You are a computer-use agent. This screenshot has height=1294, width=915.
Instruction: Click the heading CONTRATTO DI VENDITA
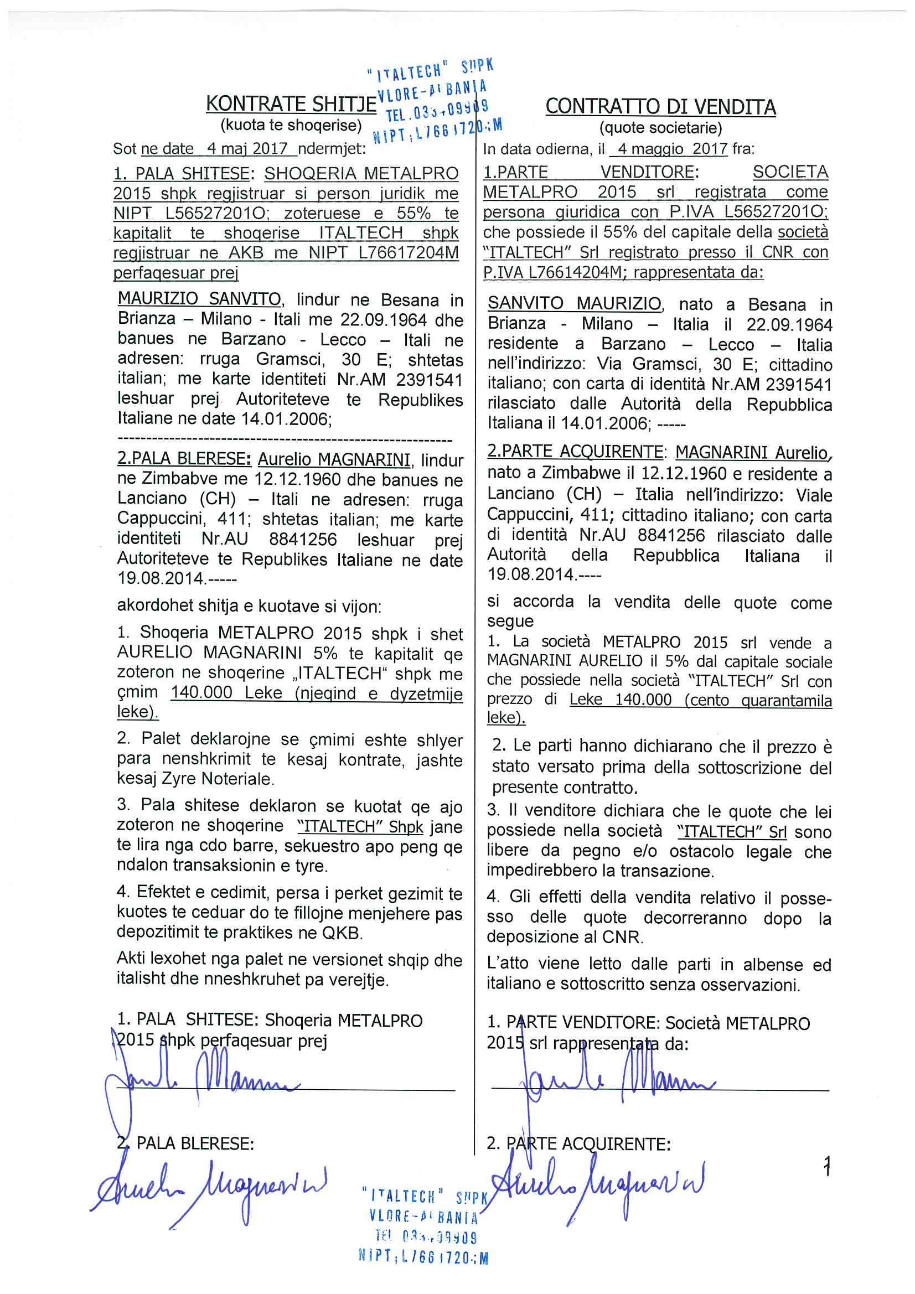660,107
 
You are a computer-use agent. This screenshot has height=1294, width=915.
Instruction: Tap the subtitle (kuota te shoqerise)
291,125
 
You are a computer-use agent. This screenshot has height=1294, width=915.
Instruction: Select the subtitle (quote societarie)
661,128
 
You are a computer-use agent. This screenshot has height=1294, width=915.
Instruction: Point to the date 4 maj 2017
247,149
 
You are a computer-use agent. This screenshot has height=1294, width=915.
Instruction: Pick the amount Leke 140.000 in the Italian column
621,700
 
